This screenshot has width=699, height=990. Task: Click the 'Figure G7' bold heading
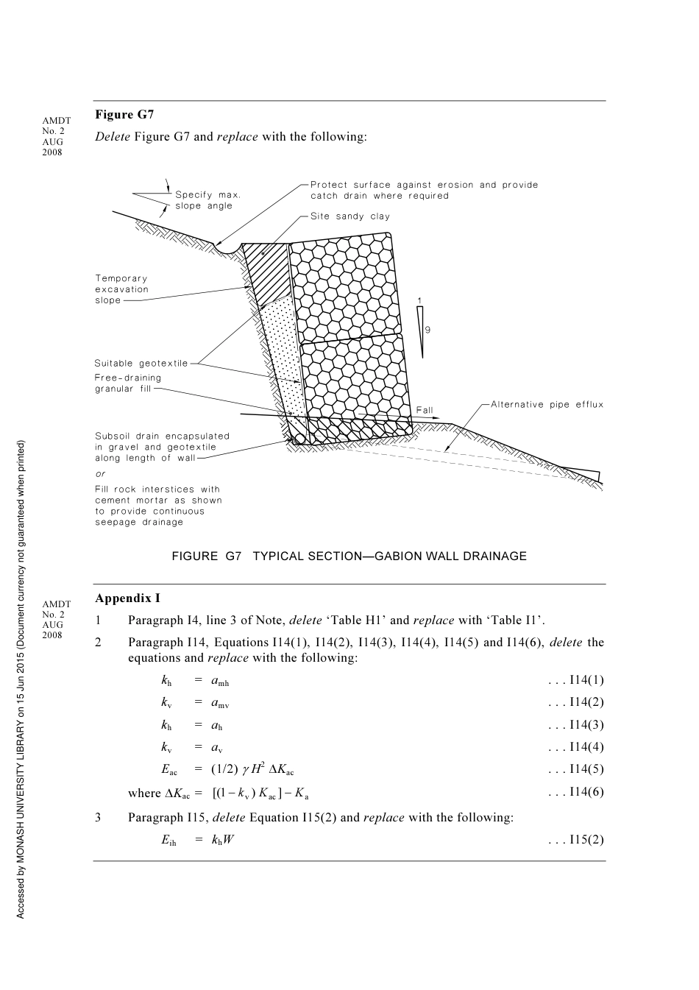tap(124, 115)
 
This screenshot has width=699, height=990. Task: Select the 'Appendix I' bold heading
tap(127, 598)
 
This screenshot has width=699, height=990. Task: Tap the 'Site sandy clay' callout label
tap(349, 216)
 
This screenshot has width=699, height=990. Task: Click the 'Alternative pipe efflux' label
tap(547, 404)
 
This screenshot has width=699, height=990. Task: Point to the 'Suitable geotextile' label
tap(141, 363)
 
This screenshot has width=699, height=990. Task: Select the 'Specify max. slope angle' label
tap(207, 200)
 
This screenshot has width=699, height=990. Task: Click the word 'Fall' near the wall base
tap(425, 410)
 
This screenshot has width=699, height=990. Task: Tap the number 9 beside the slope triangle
tap(427, 330)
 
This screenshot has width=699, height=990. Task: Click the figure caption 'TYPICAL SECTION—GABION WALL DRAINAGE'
tap(349, 556)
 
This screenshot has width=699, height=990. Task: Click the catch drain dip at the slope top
tap(227, 250)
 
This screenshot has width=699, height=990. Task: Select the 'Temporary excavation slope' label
tap(121, 289)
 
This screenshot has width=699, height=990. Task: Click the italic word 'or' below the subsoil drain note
tap(100, 474)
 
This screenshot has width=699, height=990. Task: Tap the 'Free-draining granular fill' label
tap(127, 383)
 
